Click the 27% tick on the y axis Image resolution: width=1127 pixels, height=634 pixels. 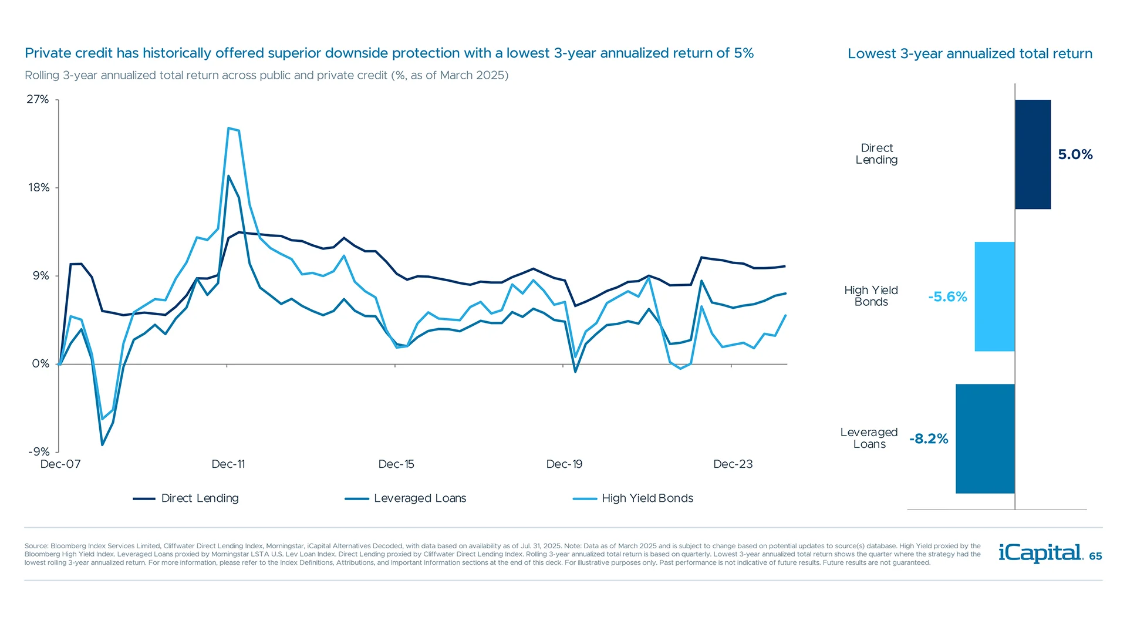coord(38,99)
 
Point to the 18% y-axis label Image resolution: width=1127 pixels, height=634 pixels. coord(39,187)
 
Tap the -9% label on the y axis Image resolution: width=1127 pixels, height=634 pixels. coord(39,451)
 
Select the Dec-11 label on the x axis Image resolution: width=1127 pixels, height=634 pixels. coord(228,464)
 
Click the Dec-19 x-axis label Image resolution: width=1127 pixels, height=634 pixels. coord(564,464)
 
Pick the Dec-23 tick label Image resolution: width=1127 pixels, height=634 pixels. coord(733,464)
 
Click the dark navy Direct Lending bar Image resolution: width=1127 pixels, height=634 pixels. coord(1032,154)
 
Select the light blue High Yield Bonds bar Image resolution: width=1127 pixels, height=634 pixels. coord(994,296)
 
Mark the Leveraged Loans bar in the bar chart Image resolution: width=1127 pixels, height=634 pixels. coord(985,439)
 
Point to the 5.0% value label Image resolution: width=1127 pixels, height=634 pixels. coord(1075,154)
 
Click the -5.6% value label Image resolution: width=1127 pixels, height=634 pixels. coord(947,296)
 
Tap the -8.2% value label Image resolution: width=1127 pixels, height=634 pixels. coord(929,439)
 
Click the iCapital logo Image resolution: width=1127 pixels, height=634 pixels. coord(1040,553)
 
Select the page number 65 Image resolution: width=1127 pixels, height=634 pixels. coord(1095,556)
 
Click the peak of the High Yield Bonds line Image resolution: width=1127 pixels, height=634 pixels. coord(229,128)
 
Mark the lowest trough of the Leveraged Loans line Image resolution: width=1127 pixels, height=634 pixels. coord(102,444)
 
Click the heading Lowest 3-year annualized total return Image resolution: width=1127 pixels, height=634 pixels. coord(970,53)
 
